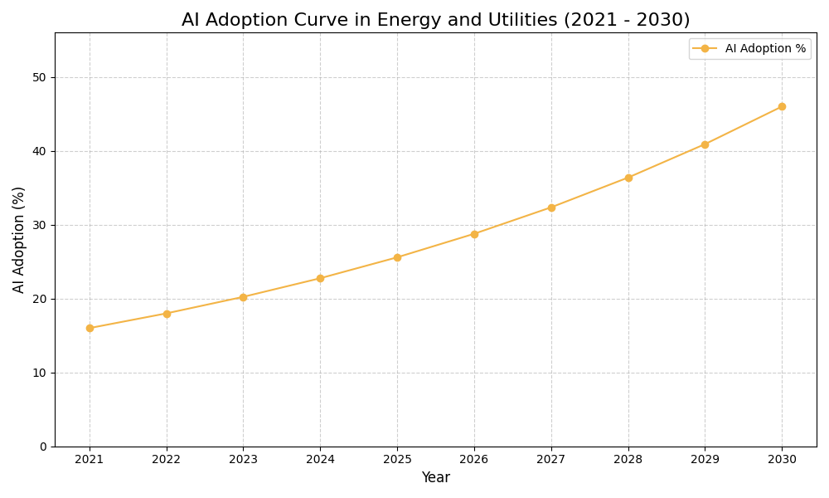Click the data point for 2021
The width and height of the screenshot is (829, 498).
(x=90, y=328)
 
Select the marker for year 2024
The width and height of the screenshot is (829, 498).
(x=320, y=278)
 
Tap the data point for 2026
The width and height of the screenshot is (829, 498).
(x=474, y=234)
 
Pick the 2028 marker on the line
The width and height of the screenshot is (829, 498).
(x=628, y=178)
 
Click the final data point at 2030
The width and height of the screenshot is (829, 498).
(x=782, y=106)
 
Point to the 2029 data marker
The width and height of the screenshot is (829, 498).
(x=705, y=144)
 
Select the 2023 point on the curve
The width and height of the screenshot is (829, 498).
(x=243, y=297)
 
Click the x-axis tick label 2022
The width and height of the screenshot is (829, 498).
(x=167, y=459)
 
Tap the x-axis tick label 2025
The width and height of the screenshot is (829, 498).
(x=397, y=459)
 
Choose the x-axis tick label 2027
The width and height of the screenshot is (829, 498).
(x=551, y=459)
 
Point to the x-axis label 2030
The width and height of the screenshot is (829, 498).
(x=782, y=459)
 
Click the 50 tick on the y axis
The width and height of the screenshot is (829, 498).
(x=39, y=77)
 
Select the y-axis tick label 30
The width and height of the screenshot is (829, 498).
(x=39, y=225)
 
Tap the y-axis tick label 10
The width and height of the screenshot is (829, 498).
(x=39, y=373)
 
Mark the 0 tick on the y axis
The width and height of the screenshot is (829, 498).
(x=42, y=447)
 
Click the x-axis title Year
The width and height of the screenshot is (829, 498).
(x=435, y=478)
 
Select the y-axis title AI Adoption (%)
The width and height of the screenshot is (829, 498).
(x=19, y=239)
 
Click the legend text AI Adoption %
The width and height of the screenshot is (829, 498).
(x=765, y=49)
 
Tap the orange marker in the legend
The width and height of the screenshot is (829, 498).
(x=705, y=49)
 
